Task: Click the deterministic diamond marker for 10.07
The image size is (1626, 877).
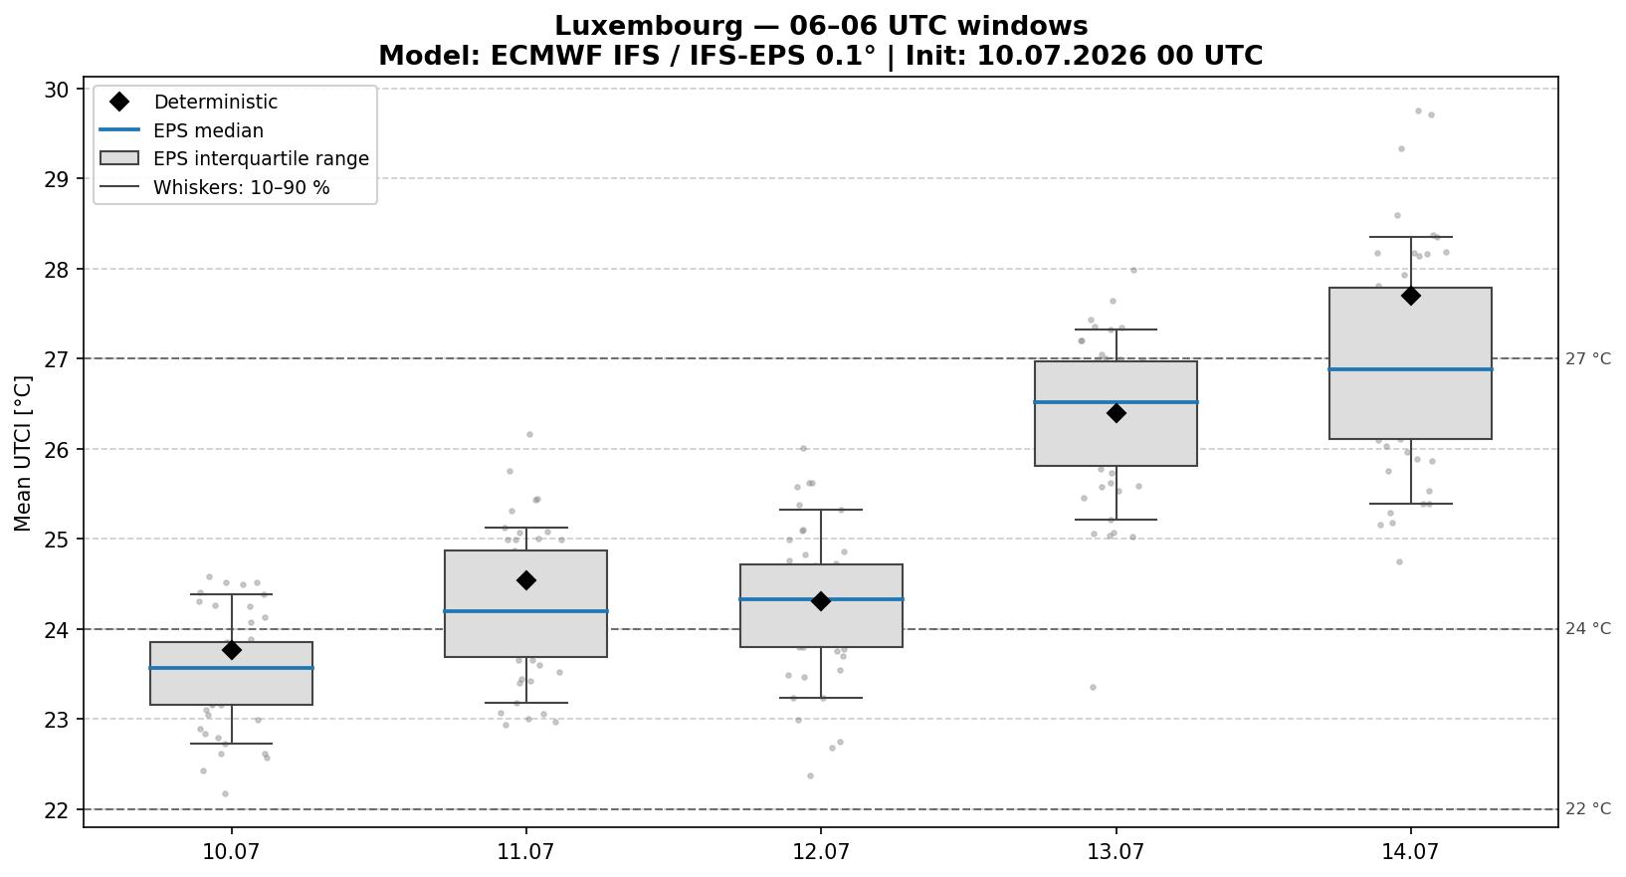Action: (x=232, y=650)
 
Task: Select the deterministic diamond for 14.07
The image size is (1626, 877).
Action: (x=1410, y=296)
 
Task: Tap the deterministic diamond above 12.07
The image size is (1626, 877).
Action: (x=821, y=601)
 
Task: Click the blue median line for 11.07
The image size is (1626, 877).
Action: (x=526, y=611)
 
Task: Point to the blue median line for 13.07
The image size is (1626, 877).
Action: (x=1116, y=401)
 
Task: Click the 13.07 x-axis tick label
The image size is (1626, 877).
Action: (x=1116, y=851)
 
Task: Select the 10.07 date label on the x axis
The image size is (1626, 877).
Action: (x=232, y=851)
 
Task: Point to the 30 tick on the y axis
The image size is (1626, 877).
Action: (x=57, y=90)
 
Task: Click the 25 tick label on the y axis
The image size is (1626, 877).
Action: (x=57, y=540)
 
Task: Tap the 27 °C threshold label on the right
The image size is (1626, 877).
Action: (x=1587, y=358)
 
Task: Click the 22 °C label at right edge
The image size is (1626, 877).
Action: (x=1587, y=808)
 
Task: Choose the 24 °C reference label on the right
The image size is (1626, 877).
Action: (x=1587, y=629)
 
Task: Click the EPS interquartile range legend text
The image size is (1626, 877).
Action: (x=262, y=159)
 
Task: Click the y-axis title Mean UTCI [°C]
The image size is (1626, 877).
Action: (x=23, y=453)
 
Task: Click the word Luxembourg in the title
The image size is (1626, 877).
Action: (x=649, y=26)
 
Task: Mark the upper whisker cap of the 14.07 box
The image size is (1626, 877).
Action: (x=1410, y=237)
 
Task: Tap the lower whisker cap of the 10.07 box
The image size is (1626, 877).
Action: (x=232, y=744)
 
